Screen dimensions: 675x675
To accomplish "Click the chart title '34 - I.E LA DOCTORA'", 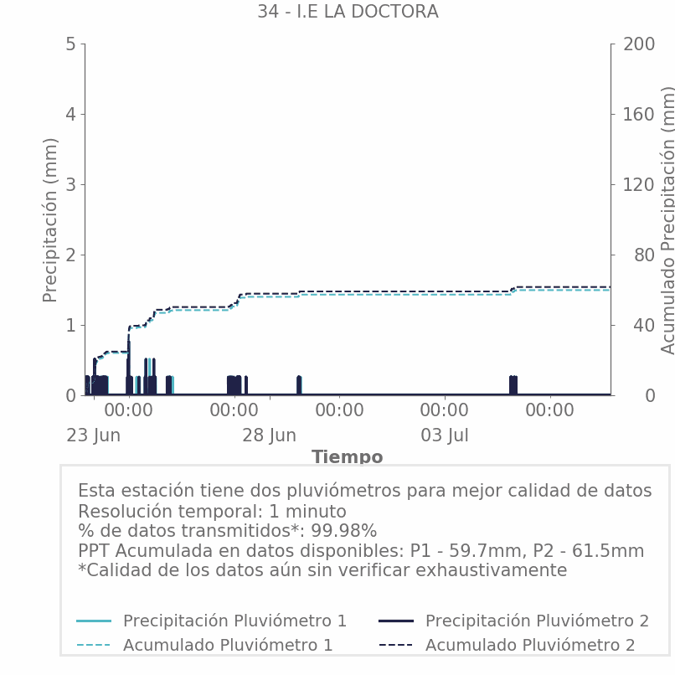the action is pyautogui.click(x=348, y=12).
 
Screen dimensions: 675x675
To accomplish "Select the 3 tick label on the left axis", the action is pyautogui.click(x=70, y=185).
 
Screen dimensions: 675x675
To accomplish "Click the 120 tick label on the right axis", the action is pyautogui.click(x=639, y=185).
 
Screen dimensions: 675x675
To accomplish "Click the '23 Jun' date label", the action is pyautogui.click(x=94, y=435).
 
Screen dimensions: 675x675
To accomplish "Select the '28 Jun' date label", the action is pyautogui.click(x=269, y=435).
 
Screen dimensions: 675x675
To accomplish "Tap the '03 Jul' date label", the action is pyautogui.click(x=445, y=435).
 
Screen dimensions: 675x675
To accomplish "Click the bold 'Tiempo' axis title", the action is pyautogui.click(x=348, y=456).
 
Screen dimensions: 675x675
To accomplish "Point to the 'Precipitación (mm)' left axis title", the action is pyautogui.click(x=50, y=220).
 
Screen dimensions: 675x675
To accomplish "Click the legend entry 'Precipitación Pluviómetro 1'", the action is pyautogui.click(x=234, y=621).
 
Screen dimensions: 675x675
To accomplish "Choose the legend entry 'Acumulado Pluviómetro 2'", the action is pyautogui.click(x=530, y=645).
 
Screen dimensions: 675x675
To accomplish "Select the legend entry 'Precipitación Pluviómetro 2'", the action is pyautogui.click(x=537, y=621).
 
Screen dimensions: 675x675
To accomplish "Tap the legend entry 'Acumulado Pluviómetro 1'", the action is pyautogui.click(x=228, y=645).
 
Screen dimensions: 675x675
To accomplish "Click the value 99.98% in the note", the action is pyautogui.click(x=344, y=531).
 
